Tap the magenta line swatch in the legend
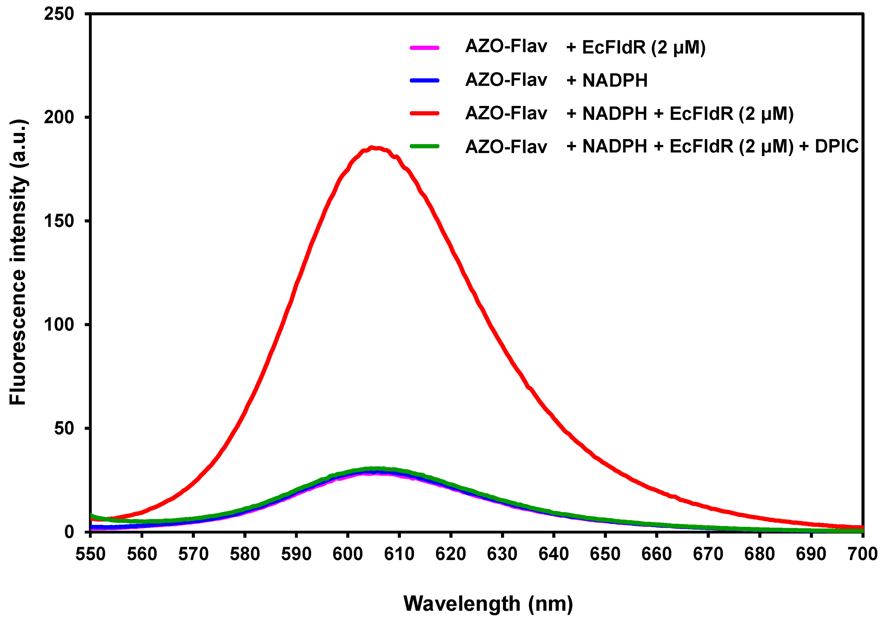point(425,48)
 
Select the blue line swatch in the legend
point(425,80)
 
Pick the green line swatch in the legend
point(425,146)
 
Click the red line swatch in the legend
point(425,113)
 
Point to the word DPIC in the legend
point(837,146)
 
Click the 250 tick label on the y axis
point(59,14)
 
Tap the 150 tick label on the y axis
point(59,221)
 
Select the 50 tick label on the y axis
point(64,428)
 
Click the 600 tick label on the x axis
point(348,554)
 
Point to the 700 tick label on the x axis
point(862,554)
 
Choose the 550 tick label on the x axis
point(90,554)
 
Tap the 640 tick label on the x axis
point(553,554)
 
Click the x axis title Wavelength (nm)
point(488,604)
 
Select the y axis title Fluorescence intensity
point(18,262)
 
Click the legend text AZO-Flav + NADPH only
point(556,80)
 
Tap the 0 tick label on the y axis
point(69,532)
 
